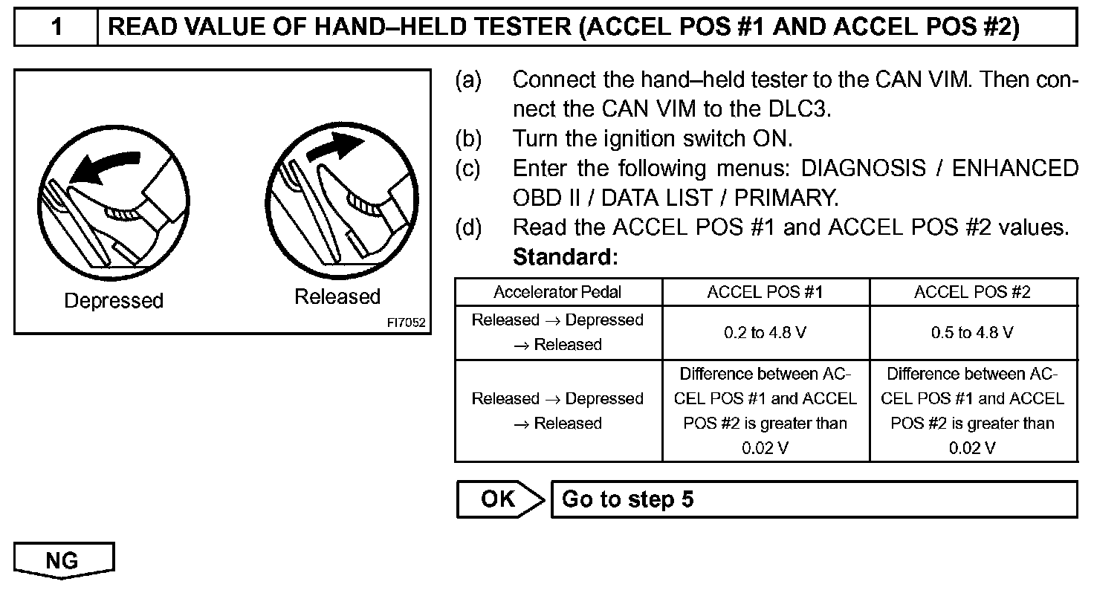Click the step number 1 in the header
coord(56,27)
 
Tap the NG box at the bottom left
coord(62,560)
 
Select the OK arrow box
coord(498,499)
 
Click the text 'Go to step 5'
coord(627,499)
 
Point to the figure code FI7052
coord(406,323)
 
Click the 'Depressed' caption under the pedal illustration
coord(114,301)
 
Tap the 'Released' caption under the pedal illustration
coord(337,297)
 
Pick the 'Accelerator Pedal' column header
coord(557,292)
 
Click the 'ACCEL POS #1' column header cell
coord(766,292)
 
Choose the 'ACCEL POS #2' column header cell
coord(973,292)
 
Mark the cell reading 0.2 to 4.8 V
coord(766,333)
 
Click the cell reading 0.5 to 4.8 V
coord(973,333)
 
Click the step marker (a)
coord(468,80)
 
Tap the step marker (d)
coord(468,227)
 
